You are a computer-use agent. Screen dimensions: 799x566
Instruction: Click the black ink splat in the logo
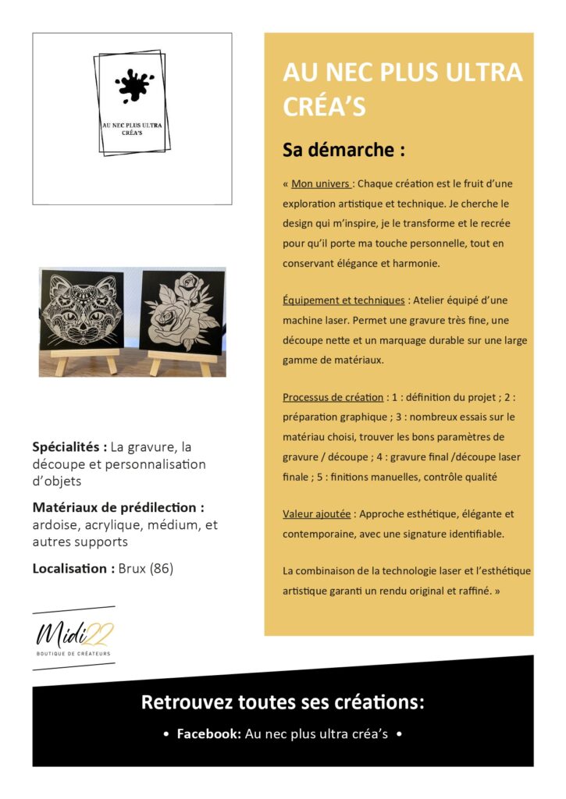tap(133, 85)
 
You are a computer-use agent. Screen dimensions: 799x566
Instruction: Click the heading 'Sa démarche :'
tap(344, 150)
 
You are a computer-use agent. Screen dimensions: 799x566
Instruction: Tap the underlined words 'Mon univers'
tap(320, 184)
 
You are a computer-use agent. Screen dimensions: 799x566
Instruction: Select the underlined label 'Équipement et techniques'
tap(343, 300)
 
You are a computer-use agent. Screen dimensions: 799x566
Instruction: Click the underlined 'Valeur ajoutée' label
tap(317, 514)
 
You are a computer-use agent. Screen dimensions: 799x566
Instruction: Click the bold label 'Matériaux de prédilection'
tap(118, 508)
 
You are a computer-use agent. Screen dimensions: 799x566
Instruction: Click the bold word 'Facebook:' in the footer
tap(208, 734)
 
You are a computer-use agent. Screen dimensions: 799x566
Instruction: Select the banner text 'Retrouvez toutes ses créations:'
tap(283, 701)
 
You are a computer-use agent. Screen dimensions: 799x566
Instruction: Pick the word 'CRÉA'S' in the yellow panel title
tap(324, 107)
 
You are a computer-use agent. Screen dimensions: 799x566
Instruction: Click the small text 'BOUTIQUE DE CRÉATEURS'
tap(74, 653)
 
